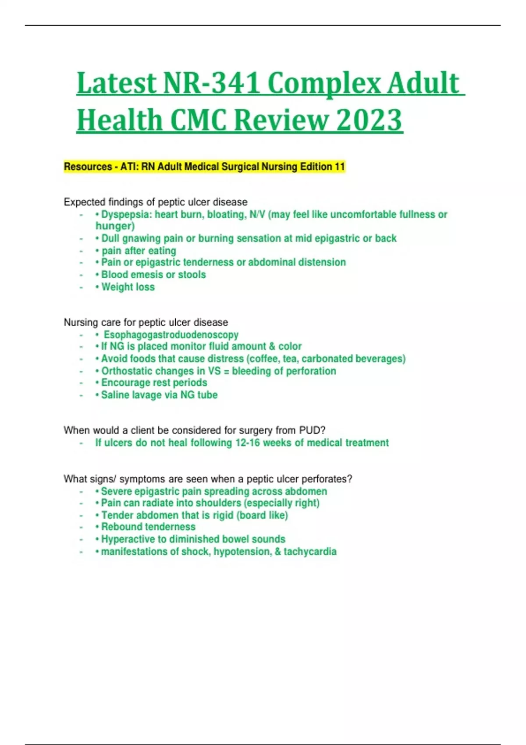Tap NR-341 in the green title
pos(211,83)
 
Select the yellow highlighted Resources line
pos(204,167)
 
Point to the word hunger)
pos(115,226)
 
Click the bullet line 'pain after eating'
pos(139,251)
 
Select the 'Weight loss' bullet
pos(128,287)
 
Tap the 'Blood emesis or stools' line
pos(153,275)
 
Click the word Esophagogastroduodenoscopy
pos(171,335)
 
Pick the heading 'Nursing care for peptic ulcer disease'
pos(146,323)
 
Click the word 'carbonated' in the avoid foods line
pos(327,358)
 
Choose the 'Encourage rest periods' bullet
pos(154,383)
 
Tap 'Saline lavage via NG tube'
pos(159,395)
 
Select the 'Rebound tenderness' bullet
pos(148,527)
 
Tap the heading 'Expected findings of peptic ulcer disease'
pos(156,202)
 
